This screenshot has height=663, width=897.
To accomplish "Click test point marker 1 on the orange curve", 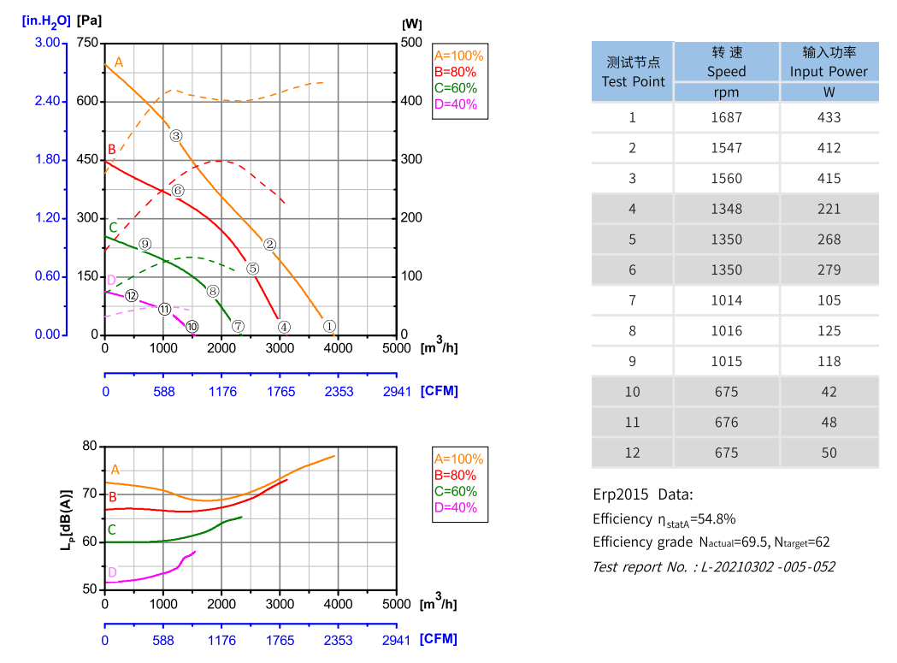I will [329, 326].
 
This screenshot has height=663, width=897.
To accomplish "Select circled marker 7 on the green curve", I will [238, 326].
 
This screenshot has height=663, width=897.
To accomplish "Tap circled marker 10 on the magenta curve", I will [192, 326].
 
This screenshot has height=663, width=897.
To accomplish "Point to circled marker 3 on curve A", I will [175, 135].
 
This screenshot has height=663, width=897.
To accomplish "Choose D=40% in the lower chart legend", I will [456, 507].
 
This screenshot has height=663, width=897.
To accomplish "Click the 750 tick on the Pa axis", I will [88, 43].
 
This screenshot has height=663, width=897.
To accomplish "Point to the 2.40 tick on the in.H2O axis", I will [47, 101].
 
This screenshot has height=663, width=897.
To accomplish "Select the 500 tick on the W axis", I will [411, 43].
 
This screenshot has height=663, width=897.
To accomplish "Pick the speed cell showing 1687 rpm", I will [726, 117].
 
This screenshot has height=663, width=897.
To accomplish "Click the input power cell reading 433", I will [829, 117].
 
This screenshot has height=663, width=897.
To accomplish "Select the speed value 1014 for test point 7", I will [726, 300].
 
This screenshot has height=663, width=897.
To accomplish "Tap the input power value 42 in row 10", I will [829, 392].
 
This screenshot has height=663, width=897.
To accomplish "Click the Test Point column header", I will [633, 72].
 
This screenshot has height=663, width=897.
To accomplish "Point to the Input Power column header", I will [829, 62].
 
